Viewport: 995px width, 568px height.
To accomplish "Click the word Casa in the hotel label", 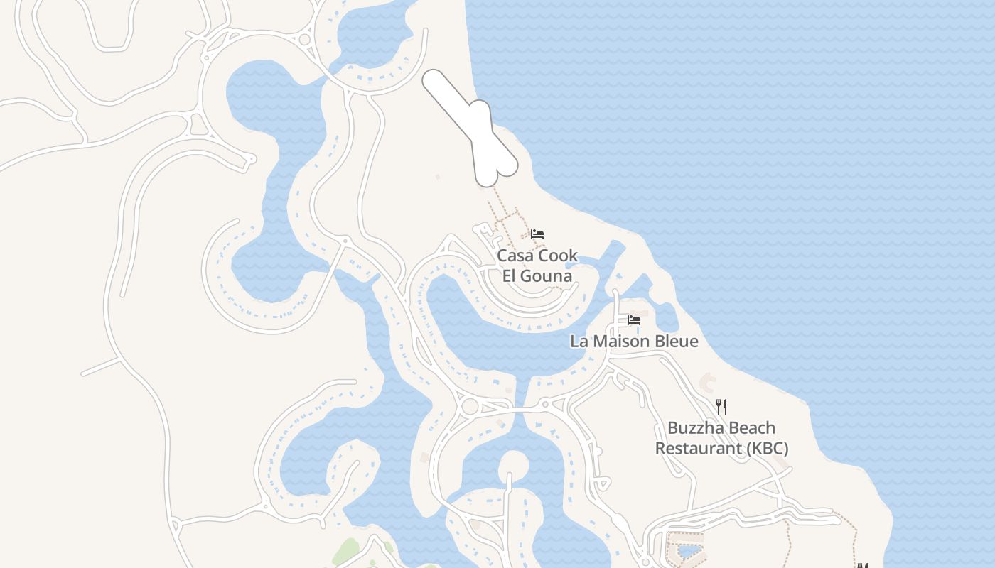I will pyautogui.click(x=513, y=256).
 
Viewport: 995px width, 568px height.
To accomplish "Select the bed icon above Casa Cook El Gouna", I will pyautogui.click(x=537, y=234).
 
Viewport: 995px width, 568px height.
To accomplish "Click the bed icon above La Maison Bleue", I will pyautogui.click(x=634, y=320).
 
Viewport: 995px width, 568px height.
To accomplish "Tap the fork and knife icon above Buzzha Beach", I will pyautogui.click(x=721, y=406).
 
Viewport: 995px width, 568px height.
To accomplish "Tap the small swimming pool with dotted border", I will pyautogui.click(x=687, y=550).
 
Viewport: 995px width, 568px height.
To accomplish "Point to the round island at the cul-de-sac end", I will pyautogui.click(x=513, y=466).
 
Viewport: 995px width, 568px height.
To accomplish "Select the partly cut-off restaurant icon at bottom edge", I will pyautogui.click(x=862, y=565).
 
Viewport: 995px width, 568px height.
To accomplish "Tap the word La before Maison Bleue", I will pyautogui.click(x=580, y=342).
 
